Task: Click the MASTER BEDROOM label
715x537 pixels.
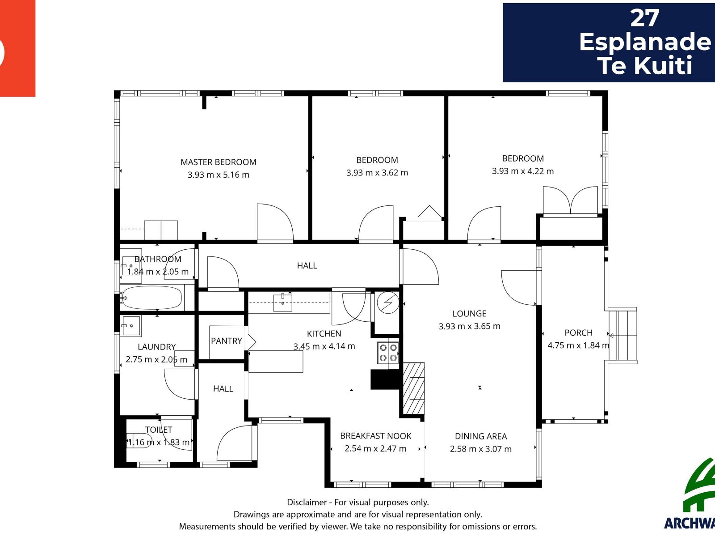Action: pyautogui.click(x=218, y=162)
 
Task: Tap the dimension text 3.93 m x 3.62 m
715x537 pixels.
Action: pyautogui.click(x=377, y=172)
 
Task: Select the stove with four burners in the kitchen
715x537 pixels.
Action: pyautogui.click(x=388, y=353)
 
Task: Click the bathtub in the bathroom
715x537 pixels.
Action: pyautogui.click(x=152, y=298)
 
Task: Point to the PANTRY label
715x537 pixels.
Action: pyautogui.click(x=227, y=341)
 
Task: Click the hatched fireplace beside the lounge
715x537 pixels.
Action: pyautogui.click(x=414, y=388)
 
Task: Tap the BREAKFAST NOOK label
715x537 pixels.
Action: pyautogui.click(x=375, y=436)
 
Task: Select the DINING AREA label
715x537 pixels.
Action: pyautogui.click(x=481, y=436)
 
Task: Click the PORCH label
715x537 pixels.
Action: pyautogui.click(x=578, y=332)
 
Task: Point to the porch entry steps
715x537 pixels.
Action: pyautogui.click(x=622, y=336)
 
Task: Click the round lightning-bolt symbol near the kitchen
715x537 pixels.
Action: pyautogui.click(x=388, y=303)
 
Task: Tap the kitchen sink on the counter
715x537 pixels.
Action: pyautogui.click(x=282, y=302)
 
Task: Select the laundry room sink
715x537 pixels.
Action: pyautogui.click(x=130, y=326)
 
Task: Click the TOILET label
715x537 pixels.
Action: pyautogui.click(x=159, y=430)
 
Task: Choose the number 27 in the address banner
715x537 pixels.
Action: pyautogui.click(x=644, y=18)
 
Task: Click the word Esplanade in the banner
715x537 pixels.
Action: pyautogui.click(x=645, y=42)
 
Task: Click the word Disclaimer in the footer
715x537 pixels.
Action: pyautogui.click(x=307, y=502)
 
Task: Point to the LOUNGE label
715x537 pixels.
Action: pyautogui.click(x=469, y=313)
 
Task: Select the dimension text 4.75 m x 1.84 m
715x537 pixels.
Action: pyautogui.click(x=578, y=345)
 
